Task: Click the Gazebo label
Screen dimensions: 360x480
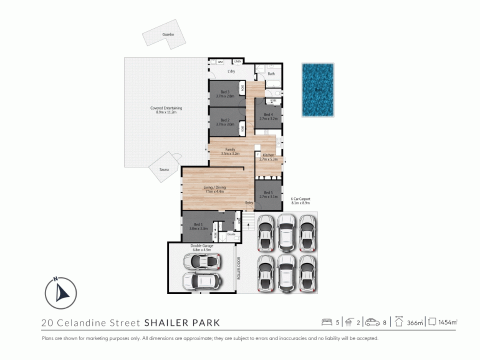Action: [167, 34]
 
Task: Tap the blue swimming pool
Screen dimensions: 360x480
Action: [318, 90]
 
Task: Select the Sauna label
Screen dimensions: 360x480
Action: [164, 170]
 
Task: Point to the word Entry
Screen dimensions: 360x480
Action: [249, 202]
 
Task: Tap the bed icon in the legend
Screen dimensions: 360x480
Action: [327, 322]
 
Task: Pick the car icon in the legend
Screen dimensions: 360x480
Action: [372, 322]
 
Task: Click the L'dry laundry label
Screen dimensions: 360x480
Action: [231, 72]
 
